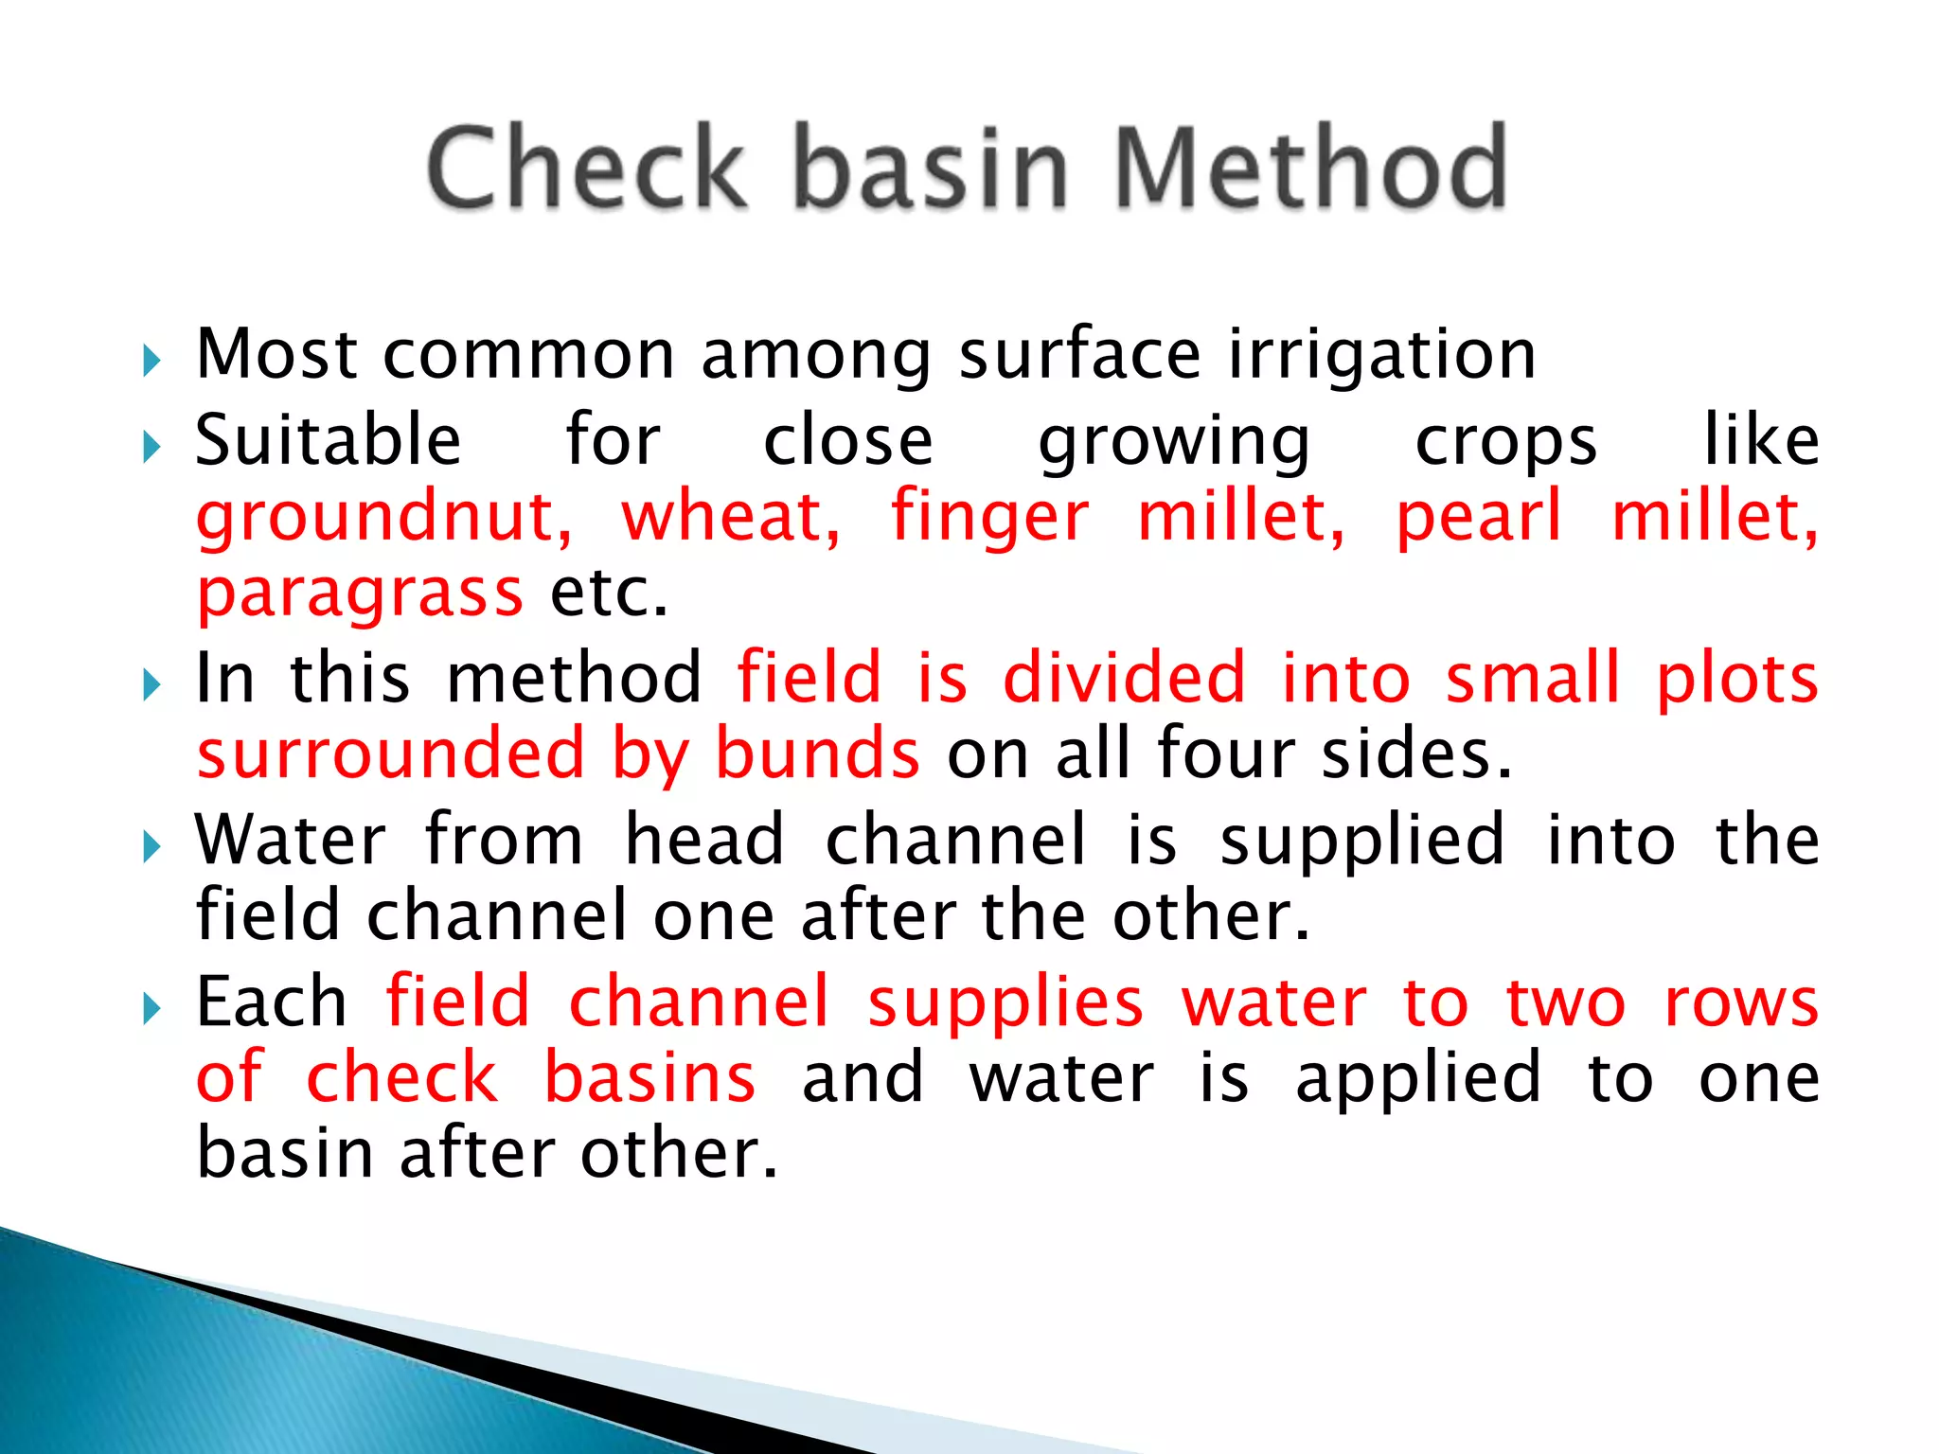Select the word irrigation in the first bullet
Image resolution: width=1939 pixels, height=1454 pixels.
1382,355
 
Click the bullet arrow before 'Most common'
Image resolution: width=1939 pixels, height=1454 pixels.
151,361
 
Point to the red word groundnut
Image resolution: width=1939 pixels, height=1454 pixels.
383,519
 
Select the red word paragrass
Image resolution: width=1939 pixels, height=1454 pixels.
360,594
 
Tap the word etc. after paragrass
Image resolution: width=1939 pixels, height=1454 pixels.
610,594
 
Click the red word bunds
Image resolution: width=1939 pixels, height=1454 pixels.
816,754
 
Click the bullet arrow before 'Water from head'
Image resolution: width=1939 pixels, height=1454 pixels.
151,847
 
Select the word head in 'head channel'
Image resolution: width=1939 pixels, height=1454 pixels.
704,841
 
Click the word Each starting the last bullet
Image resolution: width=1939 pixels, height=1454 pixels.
271,1002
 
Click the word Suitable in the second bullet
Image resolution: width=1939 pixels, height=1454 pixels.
328,441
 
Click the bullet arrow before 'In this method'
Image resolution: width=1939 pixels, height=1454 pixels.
151,684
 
